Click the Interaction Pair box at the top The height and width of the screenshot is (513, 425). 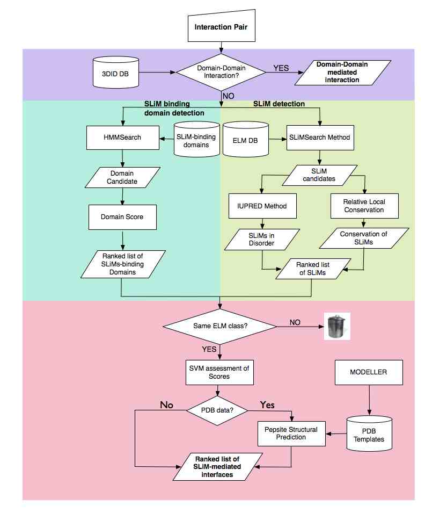click(x=221, y=27)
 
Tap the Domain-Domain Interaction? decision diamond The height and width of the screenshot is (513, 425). click(x=221, y=73)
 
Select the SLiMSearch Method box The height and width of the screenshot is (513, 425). click(x=320, y=137)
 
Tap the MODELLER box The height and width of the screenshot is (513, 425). click(x=368, y=371)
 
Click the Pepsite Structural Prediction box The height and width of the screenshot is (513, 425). click(x=291, y=433)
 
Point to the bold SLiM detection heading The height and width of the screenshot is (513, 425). click(x=279, y=104)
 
